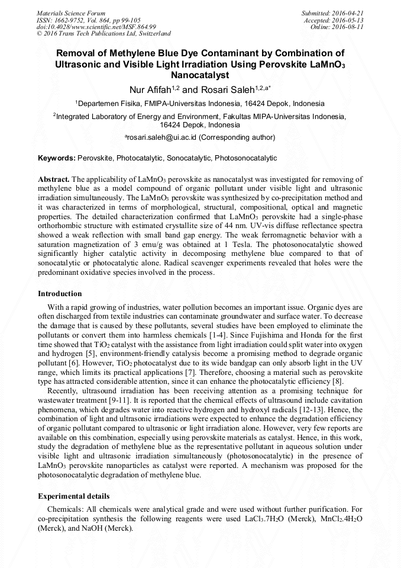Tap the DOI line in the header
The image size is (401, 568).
coord(96,27)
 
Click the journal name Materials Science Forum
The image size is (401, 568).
coord(71,13)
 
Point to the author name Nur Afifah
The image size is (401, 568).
coord(150,90)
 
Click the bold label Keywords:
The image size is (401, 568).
coord(57,159)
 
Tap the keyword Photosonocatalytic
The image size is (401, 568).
coord(245,159)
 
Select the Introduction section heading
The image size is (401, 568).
coord(60,294)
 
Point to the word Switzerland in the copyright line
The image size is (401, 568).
coord(153,34)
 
